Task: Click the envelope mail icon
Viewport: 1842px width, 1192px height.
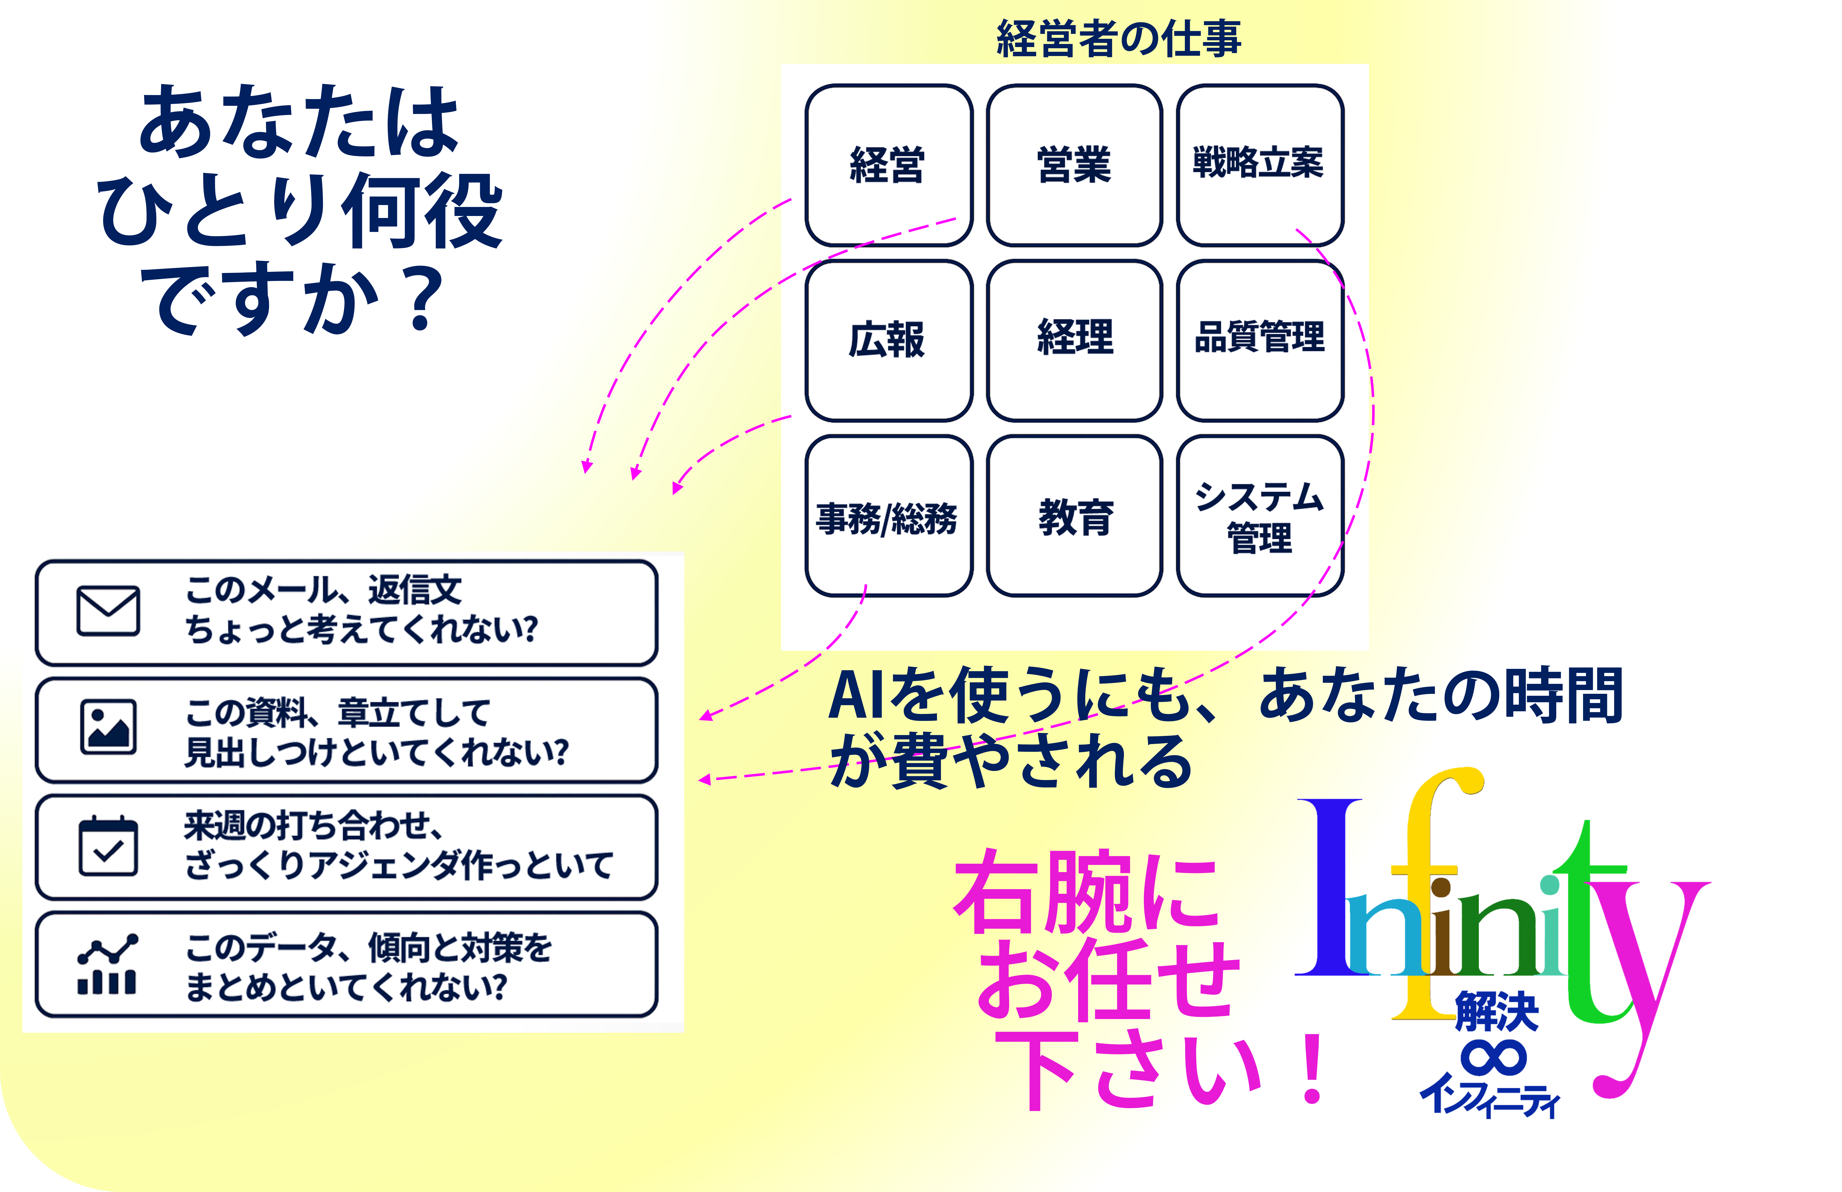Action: click(x=108, y=611)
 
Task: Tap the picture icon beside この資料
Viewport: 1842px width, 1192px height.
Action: click(x=108, y=727)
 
